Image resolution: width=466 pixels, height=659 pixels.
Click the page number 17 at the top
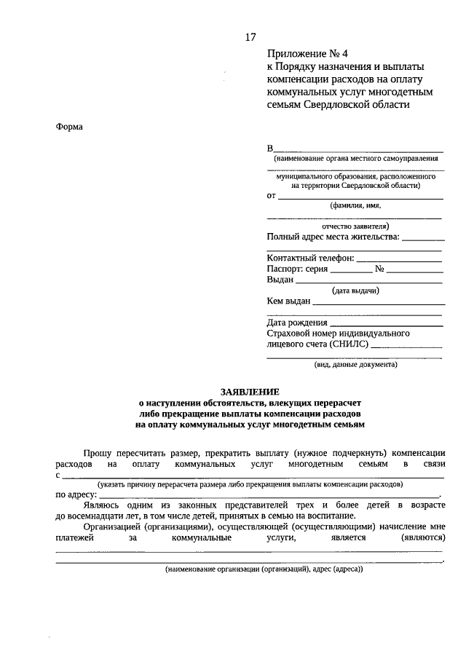click(x=250, y=36)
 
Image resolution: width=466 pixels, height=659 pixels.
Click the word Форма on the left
click(x=69, y=127)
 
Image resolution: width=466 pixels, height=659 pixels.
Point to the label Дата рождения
click(x=296, y=322)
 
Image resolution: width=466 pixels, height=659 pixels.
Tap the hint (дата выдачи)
click(x=355, y=291)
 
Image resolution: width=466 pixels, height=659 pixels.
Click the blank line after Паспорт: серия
click(x=350, y=271)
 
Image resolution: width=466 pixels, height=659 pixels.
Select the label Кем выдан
click(x=289, y=301)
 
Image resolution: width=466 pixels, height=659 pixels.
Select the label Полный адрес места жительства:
click(x=333, y=236)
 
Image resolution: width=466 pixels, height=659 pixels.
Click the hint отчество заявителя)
click(x=355, y=226)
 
